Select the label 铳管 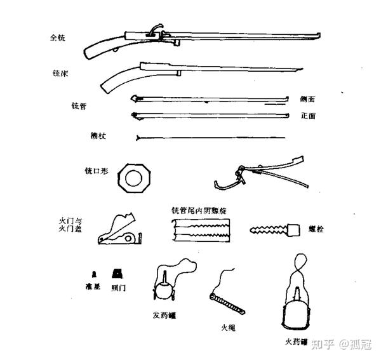point(79,105)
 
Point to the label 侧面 point(308,100)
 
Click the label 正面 point(308,116)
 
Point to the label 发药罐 point(164,314)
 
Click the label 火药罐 point(297,342)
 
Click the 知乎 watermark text point(327,345)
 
